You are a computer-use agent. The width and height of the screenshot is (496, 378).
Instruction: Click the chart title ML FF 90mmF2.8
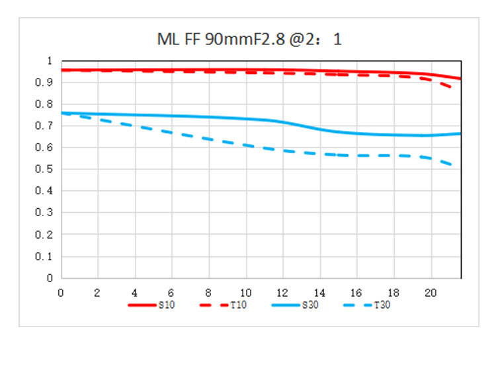tap(249, 39)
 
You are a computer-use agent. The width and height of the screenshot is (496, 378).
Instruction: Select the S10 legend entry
tap(165, 305)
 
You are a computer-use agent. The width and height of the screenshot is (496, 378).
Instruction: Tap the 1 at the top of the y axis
tap(50, 60)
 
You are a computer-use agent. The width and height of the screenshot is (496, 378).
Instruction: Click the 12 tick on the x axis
tap(282, 291)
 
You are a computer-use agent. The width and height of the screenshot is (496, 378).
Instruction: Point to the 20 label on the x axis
tap(430, 291)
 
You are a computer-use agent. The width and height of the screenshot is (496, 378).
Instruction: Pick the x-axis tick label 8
tap(209, 291)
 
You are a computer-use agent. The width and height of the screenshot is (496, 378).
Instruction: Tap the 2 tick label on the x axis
tap(98, 291)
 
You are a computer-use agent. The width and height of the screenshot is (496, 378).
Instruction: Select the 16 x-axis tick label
tap(356, 291)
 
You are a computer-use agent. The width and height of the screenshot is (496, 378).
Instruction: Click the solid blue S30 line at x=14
tap(319, 129)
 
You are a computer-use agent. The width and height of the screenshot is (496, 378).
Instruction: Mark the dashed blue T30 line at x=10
tap(245, 145)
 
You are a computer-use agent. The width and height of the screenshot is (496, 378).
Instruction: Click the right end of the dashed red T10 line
tap(452, 88)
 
